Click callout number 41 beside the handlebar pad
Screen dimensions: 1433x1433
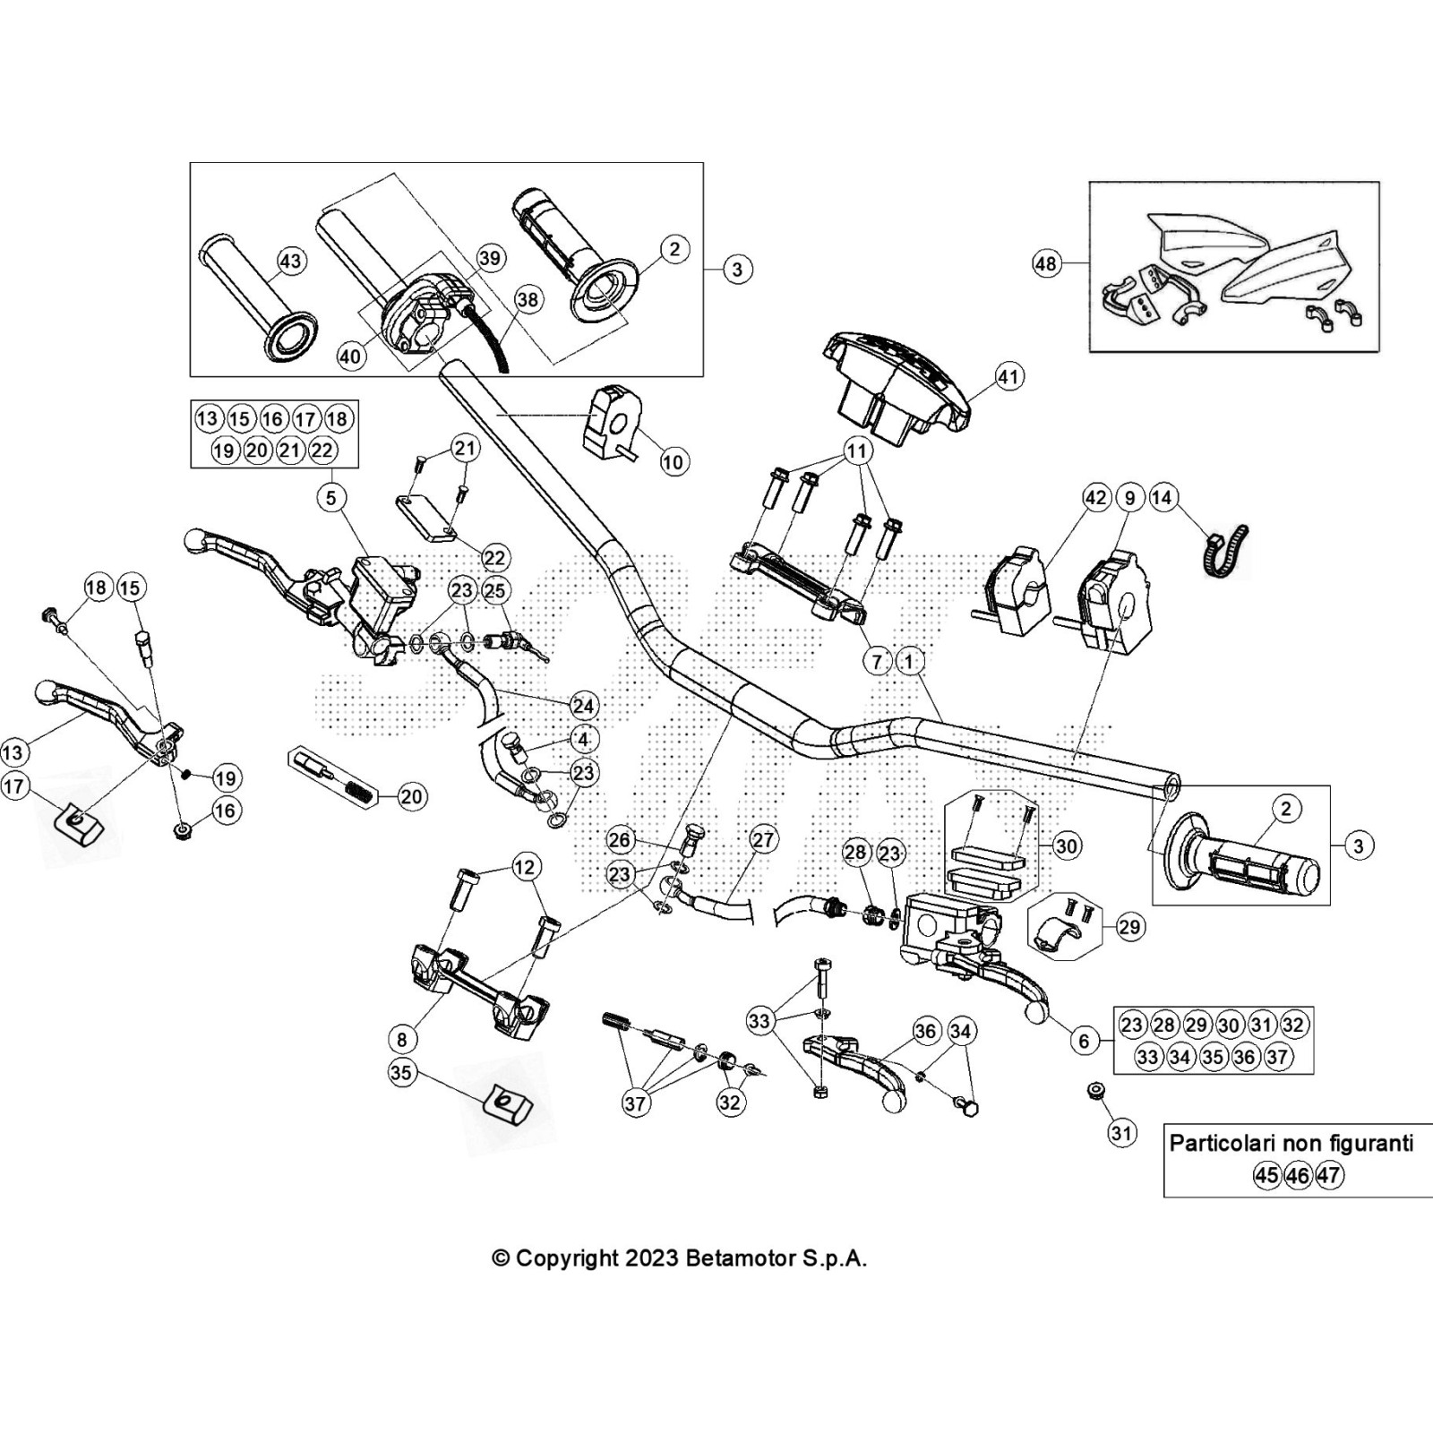click(x=1009, y=376)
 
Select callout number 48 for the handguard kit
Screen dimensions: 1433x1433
click(x=1046, y=263)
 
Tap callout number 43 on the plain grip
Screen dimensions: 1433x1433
click(x=291, y=261)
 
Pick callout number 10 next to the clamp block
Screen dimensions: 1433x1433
click(x=673, y=461)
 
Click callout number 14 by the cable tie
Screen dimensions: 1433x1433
click(x=1163, y=497)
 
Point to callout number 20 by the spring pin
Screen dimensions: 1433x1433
click(x=411, y=796)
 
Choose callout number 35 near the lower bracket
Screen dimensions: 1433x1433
click(x=402, y=1072)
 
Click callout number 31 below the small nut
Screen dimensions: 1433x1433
click(x=1121, y=1133)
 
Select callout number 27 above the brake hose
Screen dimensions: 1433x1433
click(x=763, y=840)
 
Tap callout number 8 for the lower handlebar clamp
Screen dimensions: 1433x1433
click(x=402, y=1039)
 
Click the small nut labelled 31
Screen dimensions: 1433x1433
click(x=1094, y=1091)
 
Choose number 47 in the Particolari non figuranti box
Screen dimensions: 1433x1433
click(x=1330, y=1175)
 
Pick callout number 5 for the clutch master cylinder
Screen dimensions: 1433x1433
click(x=331, y=497)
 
